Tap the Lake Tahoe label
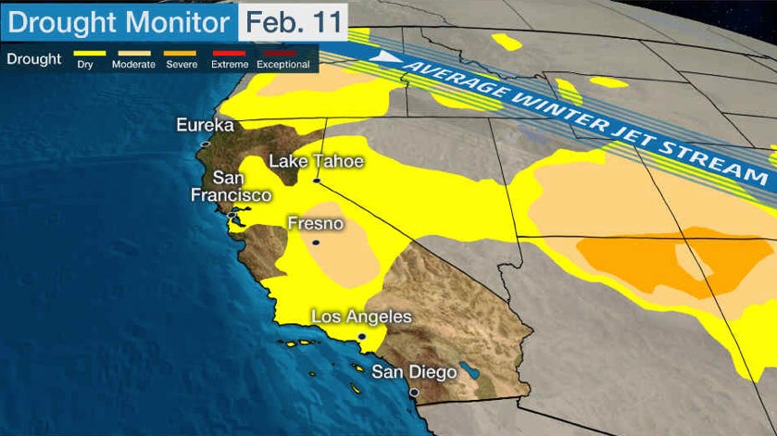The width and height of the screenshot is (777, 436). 316,162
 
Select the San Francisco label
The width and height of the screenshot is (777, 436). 231,186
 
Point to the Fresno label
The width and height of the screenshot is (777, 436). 315,224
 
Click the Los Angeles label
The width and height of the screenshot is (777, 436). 361,317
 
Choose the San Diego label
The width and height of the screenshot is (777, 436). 414,372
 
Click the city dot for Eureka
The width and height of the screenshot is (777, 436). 206,144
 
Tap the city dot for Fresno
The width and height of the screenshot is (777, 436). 315,243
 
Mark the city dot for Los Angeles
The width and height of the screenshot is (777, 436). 361,336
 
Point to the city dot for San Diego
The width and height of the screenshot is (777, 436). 414,392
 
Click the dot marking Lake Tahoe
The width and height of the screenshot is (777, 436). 316,181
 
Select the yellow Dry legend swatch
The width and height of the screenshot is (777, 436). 83,53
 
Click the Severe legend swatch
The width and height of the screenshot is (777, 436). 180,53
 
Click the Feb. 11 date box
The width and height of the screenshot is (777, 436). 293,19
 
